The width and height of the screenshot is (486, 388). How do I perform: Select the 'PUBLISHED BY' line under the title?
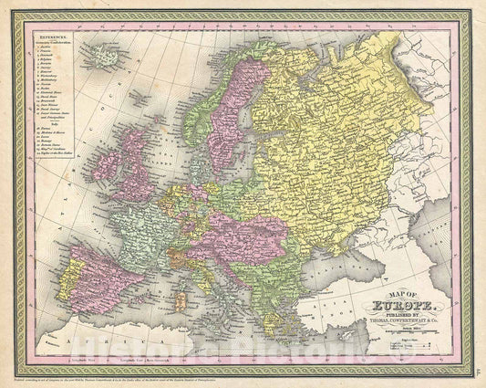(394, 316)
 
